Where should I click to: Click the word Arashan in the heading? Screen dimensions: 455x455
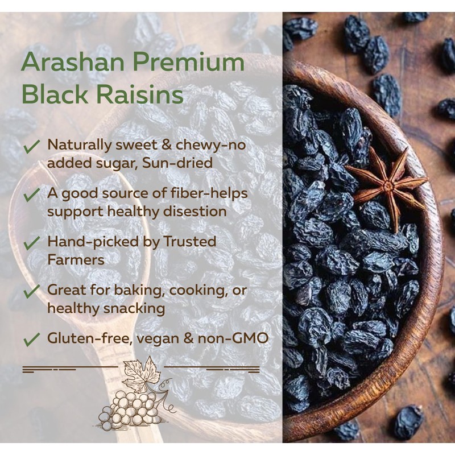pyautogui.click(x=73, y=63)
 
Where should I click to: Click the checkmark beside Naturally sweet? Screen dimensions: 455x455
pyautogui.click(x=32, y=147)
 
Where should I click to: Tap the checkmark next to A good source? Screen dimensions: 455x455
pyautogui.click(x=32, y=195)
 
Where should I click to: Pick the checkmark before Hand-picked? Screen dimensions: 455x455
pyautogui.click(x=32, y=243)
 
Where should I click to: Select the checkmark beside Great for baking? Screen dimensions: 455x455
pyautogui.click(x=32, y=292)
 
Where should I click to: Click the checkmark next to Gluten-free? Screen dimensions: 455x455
pyautogui.click(x=32, y=340)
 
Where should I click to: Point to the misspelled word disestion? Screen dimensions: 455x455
pyautogui.click(x=195, y=211)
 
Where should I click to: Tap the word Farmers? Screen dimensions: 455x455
pyautogui.click(x=76, y=259)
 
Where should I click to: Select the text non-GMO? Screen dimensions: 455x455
pyautogui.click(x=233, y=338)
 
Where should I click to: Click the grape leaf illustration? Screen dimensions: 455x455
pyautogui.click(x=142, y=374)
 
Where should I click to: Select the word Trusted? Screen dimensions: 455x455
pyautogui.click(x=190, y=241)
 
